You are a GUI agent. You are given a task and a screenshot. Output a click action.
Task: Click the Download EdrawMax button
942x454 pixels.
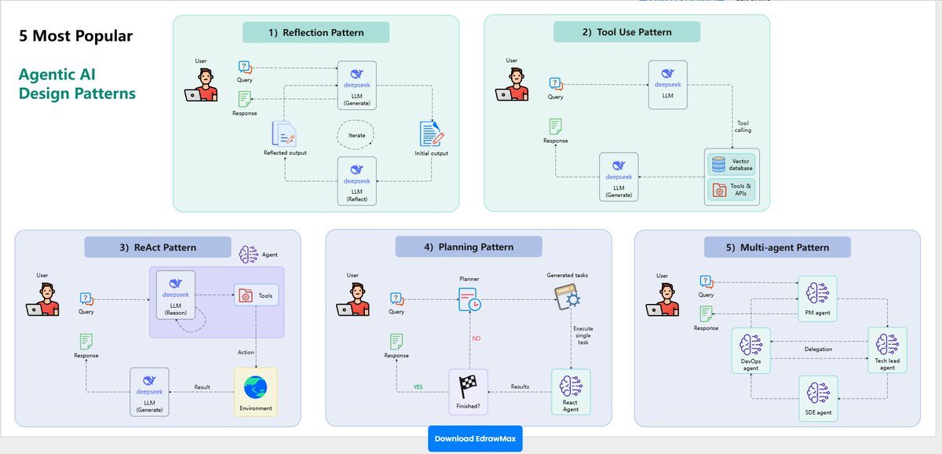coord(474,438)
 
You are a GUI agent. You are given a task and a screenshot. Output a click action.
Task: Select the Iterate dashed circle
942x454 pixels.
coord(356,135)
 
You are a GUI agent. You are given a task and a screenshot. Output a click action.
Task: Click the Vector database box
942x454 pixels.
coord(730,165)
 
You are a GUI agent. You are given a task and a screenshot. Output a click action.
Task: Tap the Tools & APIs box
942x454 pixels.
coord(730,189)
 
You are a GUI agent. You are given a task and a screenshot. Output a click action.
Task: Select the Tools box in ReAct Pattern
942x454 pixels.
coord(256,295)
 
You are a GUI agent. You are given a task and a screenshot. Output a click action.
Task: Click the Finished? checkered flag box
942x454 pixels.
coord(468,390)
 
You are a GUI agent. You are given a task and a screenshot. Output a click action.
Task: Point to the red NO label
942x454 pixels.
coord(476,339)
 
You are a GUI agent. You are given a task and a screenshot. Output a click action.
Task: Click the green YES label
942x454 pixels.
coord(419,386)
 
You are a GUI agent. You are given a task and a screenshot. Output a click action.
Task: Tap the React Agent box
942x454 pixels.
coord(571,391)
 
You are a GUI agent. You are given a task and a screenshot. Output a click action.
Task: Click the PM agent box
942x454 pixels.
coord(817,298)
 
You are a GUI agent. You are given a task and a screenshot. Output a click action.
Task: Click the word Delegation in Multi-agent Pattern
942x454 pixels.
coord(819,349)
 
